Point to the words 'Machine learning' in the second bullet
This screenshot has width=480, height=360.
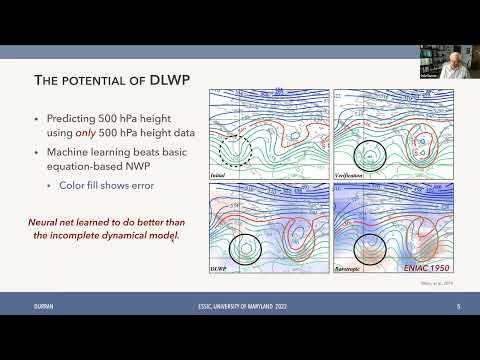(85, 153)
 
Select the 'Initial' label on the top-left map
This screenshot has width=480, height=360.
(219, 175)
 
